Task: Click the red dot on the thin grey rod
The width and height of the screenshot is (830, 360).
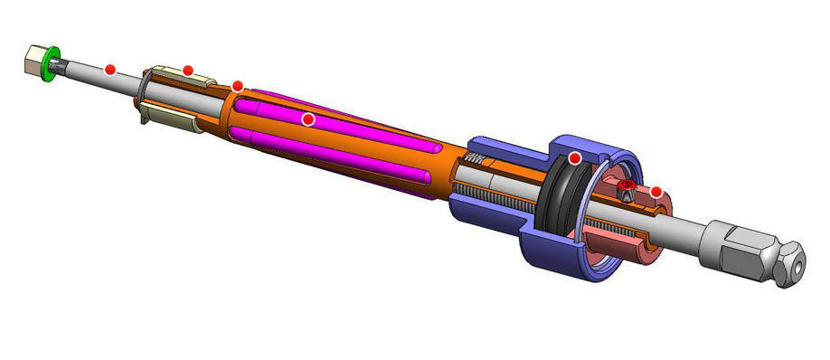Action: point(110,69)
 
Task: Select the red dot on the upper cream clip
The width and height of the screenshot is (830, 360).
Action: point(188,71)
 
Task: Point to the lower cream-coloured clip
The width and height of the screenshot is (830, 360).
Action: point(172,117)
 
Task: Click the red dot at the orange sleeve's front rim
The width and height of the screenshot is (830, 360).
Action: point(238,86)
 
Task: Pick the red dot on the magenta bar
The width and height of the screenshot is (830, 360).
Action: point(307,118)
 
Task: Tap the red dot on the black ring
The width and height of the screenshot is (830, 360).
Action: point(574,158)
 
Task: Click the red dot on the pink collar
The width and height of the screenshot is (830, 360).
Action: point(656,192)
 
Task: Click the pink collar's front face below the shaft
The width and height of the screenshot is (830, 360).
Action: point(633,249)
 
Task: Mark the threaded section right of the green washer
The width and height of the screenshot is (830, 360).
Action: point(61,64)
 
